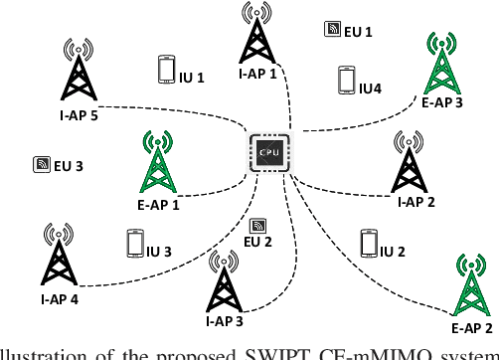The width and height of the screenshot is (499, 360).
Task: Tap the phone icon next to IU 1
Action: tap(166, 69)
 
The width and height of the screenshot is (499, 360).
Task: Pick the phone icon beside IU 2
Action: tap(370, 244)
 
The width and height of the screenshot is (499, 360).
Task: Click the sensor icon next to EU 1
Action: tap(332, 30)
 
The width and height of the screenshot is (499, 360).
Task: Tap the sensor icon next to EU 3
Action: tap(42, 164)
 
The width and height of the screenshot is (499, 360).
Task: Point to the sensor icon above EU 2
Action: tap(258, 227)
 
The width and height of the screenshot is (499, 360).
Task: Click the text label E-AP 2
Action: tap(471, 326)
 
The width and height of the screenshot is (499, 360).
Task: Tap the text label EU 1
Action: tap(358, 32)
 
